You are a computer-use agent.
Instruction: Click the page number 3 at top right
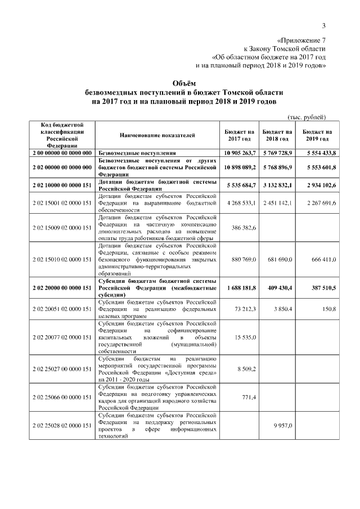coord(324,25)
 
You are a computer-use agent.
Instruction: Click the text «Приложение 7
coord(302,40)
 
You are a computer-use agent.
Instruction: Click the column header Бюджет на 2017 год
coord(239,135)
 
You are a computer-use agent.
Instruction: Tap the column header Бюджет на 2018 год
coord(277,135)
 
